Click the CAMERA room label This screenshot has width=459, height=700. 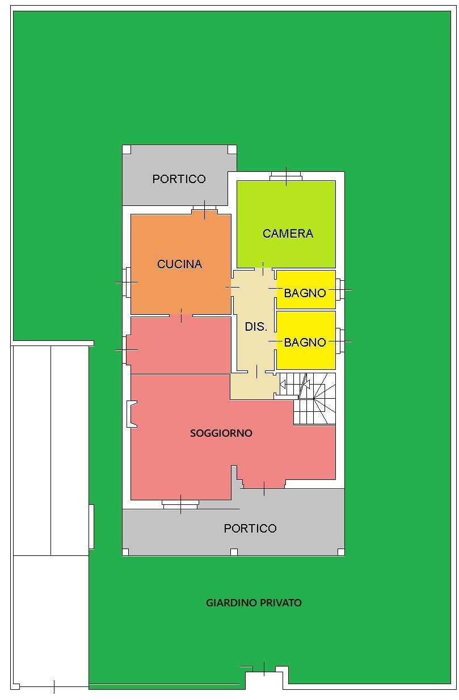tap(288, 233)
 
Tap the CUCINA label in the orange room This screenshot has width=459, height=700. tap(179, 264)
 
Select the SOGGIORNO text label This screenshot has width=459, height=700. tap(221, 433)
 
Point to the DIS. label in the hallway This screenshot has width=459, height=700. tap(256, 327)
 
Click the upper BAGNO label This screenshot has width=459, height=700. tap(305, 293)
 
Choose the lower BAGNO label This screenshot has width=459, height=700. tap(305, 342)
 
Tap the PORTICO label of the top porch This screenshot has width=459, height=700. tap(179, 179)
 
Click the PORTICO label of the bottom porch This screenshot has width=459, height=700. tap(250, 528)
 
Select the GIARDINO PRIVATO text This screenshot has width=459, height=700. tap(254, 602)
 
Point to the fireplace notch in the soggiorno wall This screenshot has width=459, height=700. tap(131, 413)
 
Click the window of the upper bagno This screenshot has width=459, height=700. tap(339, 290)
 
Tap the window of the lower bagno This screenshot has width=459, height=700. tap(339, 341)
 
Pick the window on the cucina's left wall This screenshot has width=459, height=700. tap(127, 282)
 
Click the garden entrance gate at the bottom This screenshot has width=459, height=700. tap(264, 669)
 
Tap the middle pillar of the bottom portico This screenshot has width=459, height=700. tap(234, 552)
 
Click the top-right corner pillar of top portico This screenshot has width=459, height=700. tap(231, 150)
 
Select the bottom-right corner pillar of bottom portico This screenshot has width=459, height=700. tap(340, 552)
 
